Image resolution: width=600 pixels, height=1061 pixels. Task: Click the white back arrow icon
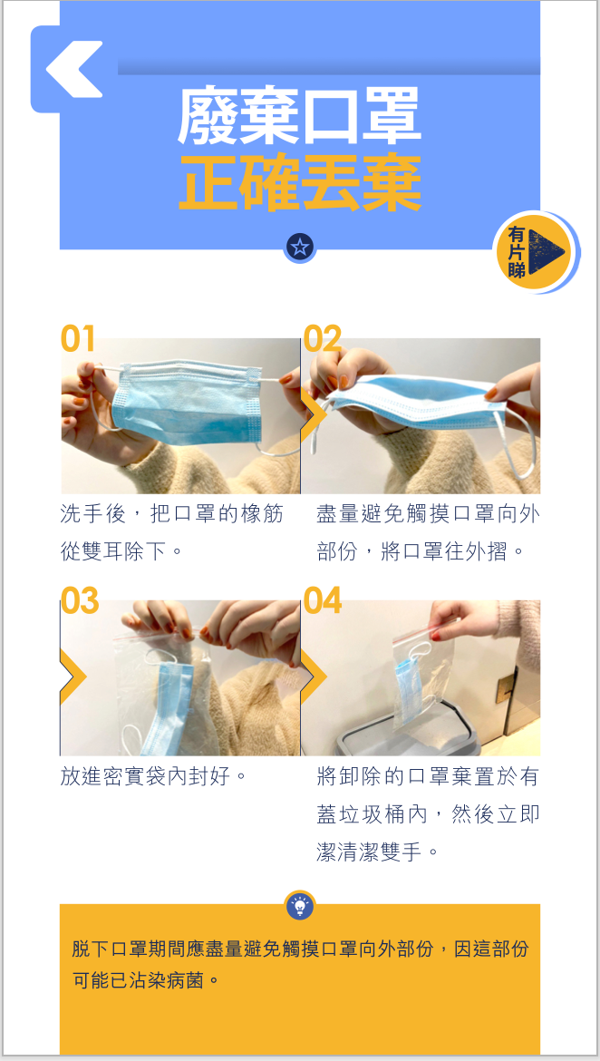[x=73, y=69]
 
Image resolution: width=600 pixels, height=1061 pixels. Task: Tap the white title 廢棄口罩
[x=300, y=119]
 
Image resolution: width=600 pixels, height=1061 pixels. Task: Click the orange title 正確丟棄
[x=300, y=183]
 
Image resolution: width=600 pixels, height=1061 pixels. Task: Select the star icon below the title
[x=300, y=247]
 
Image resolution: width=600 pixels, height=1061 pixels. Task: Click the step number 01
[x=78, y=338]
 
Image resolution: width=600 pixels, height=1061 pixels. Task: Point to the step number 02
[x=322, y=338]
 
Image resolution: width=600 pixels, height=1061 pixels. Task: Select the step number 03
[x=80, y=601]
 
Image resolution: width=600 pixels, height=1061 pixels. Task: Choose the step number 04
[x=323, y=601]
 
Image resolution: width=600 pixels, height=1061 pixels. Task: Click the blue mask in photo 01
[x=186, y=401]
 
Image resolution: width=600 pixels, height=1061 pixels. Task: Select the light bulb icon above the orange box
[x=300, y=905]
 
